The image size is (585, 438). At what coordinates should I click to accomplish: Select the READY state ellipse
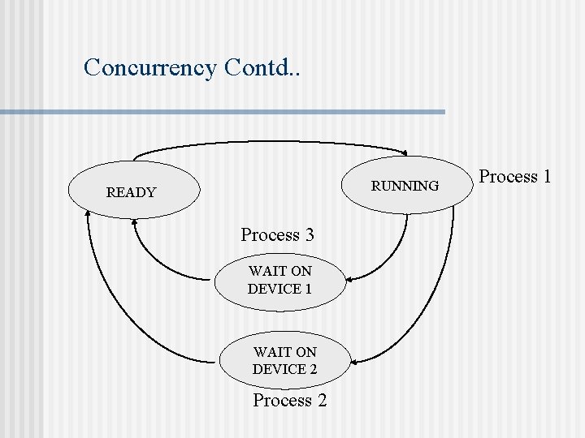click(x=134, y=192)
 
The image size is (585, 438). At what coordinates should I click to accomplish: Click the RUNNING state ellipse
click(x=405, y=186)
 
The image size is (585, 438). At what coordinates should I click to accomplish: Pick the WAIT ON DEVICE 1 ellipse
click(x=280, y=280)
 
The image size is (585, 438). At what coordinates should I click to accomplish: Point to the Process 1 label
click(x=515, y=176)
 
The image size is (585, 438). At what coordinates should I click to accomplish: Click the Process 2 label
click(x=289, y=400)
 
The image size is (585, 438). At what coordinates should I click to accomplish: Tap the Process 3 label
click(x=277, y=235)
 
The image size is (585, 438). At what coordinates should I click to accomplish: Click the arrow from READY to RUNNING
click(x=268, y=143)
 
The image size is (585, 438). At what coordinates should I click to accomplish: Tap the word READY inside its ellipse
click(x=131, y=193)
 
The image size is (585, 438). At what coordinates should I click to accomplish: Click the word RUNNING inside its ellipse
click(x=405, y=187)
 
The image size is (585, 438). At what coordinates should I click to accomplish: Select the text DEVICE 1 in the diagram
click(x=279, y=289)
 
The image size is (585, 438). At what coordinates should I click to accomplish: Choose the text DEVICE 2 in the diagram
click(x=284, y=370)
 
